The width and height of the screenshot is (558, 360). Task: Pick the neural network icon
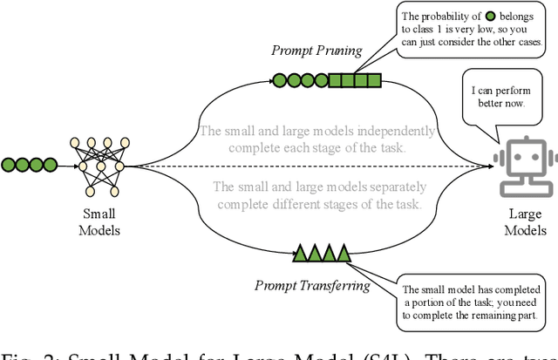click(101, 165)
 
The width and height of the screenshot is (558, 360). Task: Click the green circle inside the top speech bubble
click(468, 15)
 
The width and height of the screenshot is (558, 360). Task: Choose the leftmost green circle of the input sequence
click(9, 164)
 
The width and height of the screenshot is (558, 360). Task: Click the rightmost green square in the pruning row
click(373, 81)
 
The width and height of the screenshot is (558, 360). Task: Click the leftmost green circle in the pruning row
click(278, 81)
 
